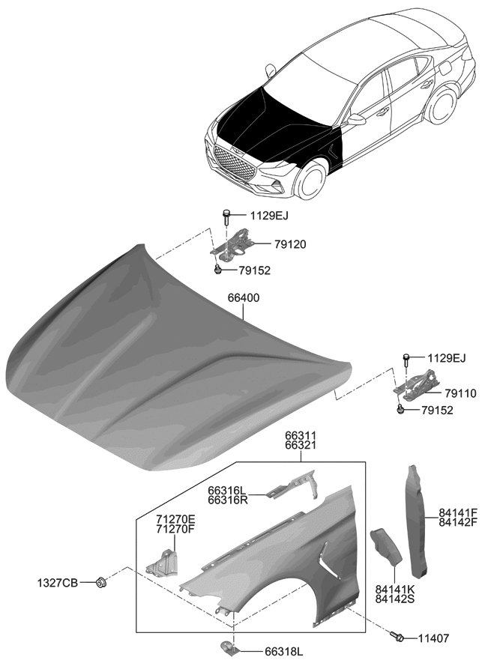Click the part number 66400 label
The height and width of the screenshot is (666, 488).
pos(244,298)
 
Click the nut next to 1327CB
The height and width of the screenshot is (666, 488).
pos(101,582)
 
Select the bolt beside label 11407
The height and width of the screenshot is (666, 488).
pos(399,637)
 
